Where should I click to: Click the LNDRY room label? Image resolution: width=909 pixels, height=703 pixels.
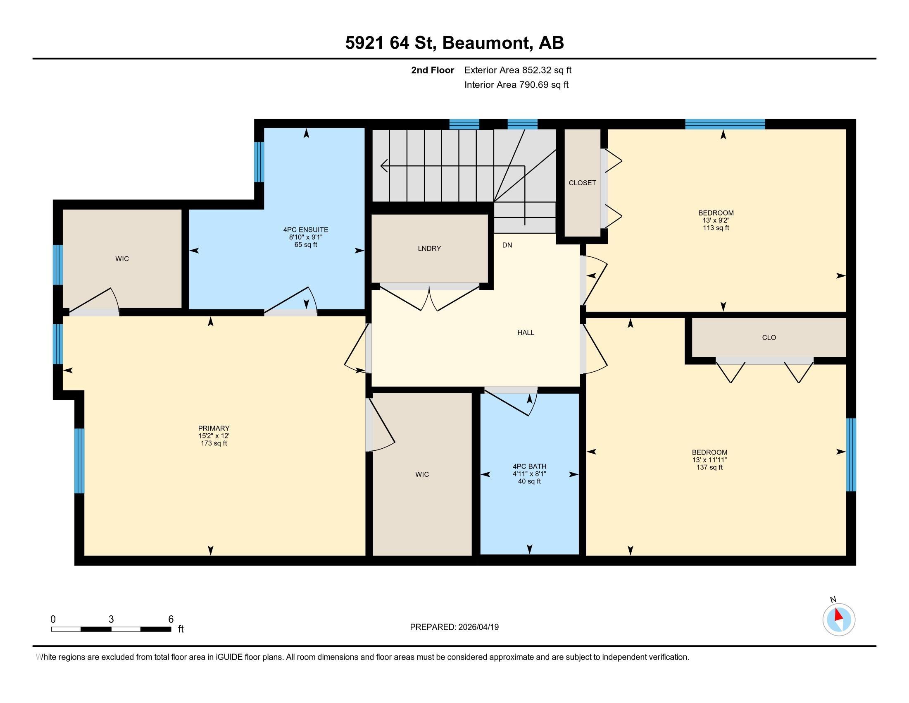[x=429, y=249]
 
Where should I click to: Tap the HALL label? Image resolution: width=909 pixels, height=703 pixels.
[x=526, y=332]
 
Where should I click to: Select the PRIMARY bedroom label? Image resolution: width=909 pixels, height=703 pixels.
[x=214, y=428]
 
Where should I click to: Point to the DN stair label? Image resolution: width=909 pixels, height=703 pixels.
[x=507, y=245]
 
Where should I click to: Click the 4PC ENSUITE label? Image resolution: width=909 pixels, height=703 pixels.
[x=305, y=230]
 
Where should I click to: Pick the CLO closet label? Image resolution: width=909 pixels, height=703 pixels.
[x=769, y=337]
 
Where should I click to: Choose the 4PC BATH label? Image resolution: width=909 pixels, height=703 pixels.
[x=529, y=466]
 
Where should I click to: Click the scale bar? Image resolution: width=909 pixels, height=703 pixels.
[x=111, y=629]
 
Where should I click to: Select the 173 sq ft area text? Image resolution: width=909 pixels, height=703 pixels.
[x=214, y=443]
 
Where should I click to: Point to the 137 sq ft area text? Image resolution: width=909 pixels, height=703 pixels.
[x=709, y=467]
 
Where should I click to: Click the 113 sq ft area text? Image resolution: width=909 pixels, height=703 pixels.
[x=716, y=228]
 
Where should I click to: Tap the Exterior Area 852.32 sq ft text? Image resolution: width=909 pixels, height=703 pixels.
[x=518, y=70]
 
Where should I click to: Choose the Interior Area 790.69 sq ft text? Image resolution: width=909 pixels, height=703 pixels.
[x=516, y=85]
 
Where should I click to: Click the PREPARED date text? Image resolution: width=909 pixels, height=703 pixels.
[x=454, y=627]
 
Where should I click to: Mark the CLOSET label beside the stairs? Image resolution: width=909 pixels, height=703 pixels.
[x=582, y=183]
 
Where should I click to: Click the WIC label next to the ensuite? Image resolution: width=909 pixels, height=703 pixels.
[x=122, y=258]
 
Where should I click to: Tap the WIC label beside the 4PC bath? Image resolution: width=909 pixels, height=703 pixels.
[x=421, y=474]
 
